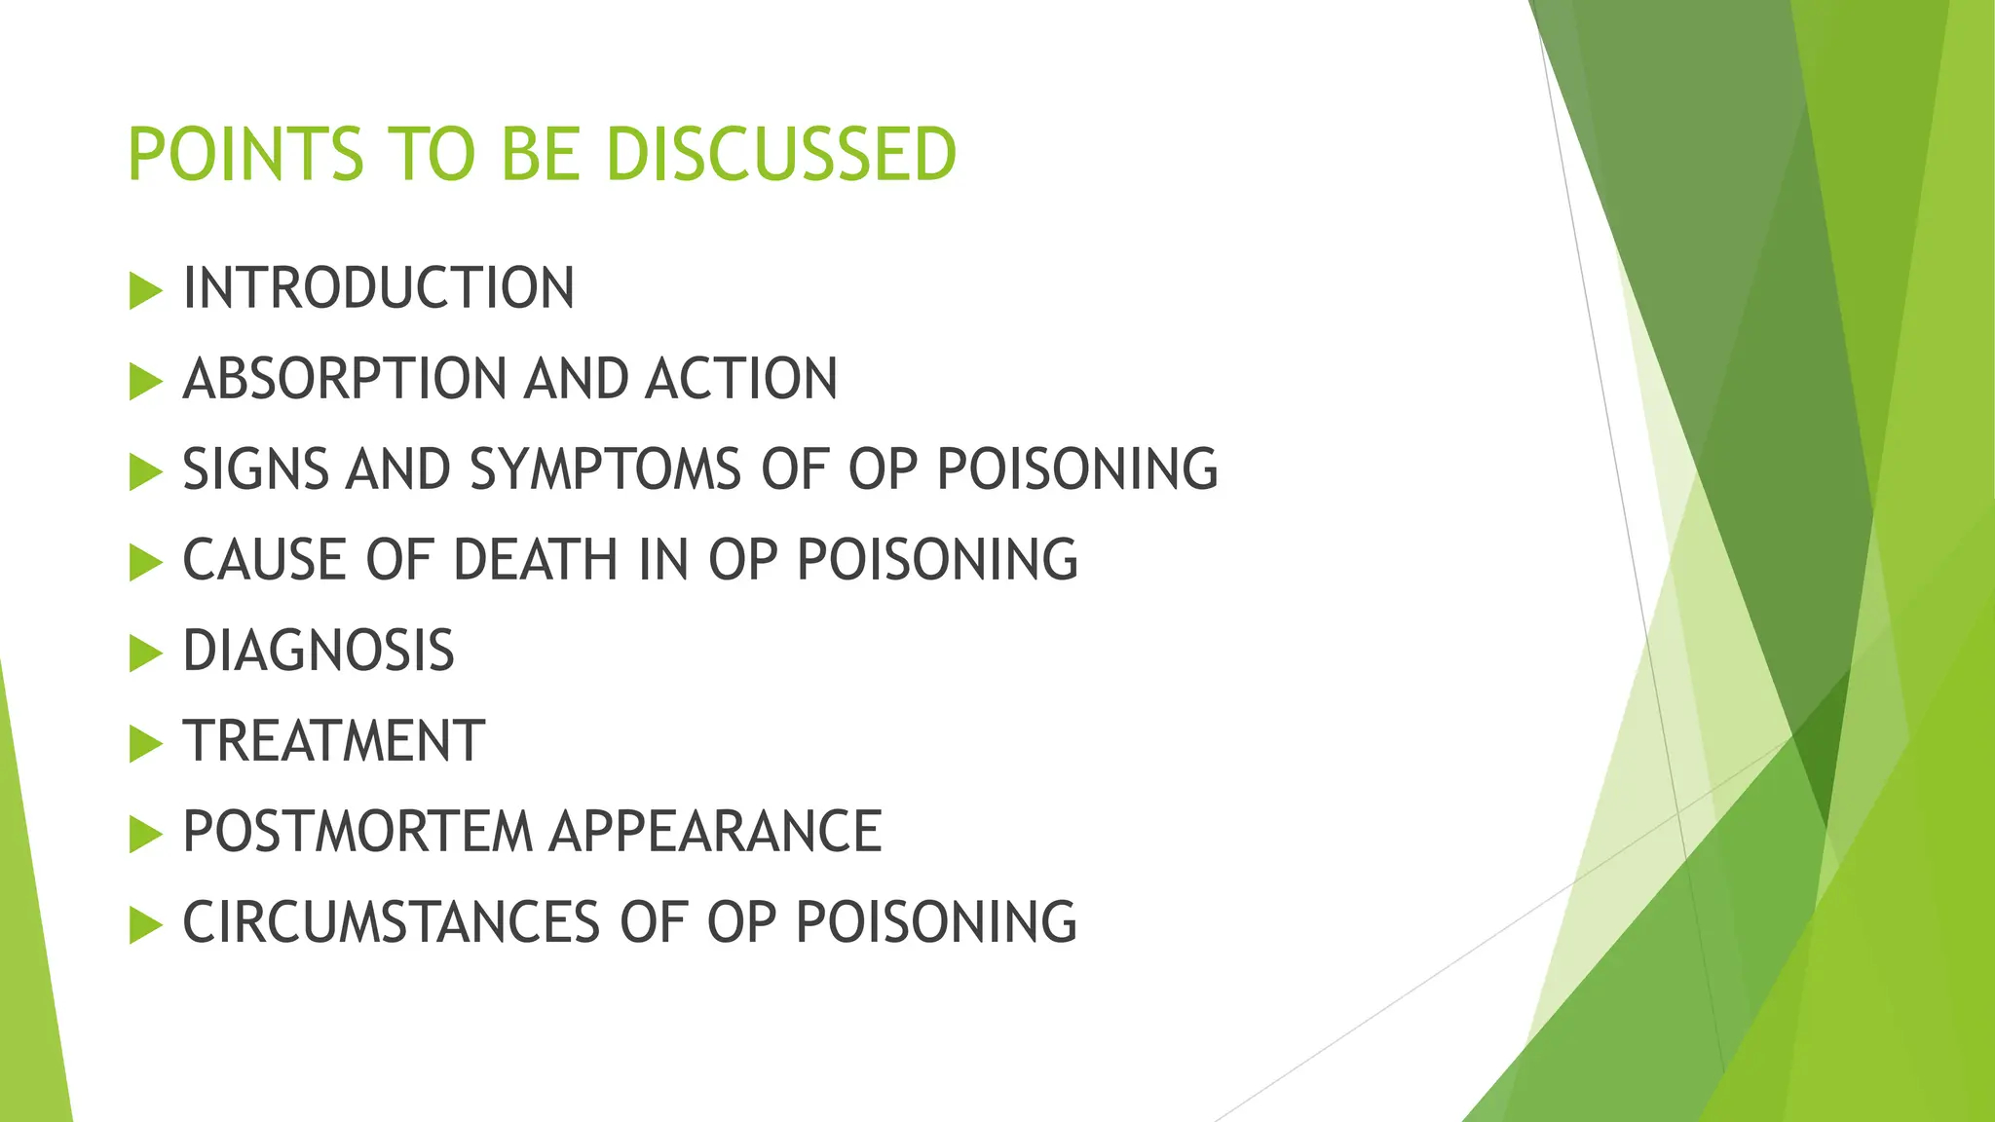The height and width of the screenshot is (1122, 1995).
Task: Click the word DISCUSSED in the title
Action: [780, 155]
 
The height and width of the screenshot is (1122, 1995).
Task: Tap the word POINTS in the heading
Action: [245, 155]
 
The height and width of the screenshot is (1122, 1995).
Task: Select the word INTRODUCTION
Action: [378, 288]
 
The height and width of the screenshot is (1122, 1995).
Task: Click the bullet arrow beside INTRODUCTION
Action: [145, 291]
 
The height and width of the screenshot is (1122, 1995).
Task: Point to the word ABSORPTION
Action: [345, 379]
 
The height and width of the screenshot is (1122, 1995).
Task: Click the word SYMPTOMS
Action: [605, 469]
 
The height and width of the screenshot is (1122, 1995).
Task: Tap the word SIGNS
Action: [256, 469]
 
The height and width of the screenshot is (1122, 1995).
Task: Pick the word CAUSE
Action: [264, 560]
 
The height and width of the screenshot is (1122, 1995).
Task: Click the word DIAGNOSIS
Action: [319, 651]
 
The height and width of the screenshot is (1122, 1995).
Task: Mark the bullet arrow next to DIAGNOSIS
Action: [145, 654]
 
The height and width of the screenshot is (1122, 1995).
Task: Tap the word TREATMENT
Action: [334, 741]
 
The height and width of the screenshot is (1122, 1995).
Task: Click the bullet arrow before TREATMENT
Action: [145, 744]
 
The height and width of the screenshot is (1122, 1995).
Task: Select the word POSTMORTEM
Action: [357, 832]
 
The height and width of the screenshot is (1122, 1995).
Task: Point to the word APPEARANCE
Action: [715, 832]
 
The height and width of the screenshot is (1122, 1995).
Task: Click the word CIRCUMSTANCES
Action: [391, 922]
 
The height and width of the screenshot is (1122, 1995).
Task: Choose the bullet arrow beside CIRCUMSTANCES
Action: [145, 925]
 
